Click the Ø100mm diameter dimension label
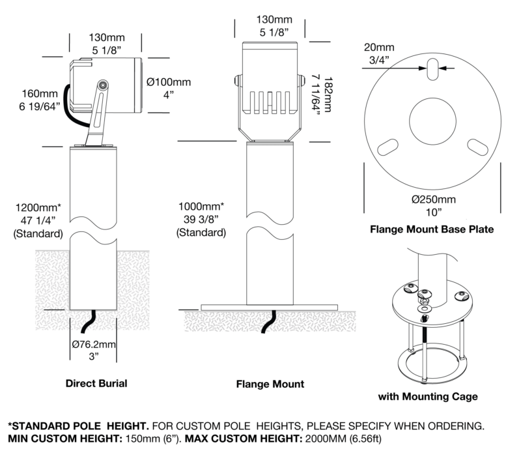pos(169,82)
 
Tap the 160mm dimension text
pos(40,94)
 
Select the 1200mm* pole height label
pos(38,208)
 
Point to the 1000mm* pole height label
pos(201,207)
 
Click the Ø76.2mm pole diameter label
pos(94,344)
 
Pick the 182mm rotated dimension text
pos(328,94)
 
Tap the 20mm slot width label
pos(379,48)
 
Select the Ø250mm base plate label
pos(434,199)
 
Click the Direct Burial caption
pos(96,383)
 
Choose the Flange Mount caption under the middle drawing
pos(270,384)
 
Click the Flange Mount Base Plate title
pos(432,229)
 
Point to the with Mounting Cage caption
pos(428,396)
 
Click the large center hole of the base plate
pos(432,121)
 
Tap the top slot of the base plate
pos(432,69)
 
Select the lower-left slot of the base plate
pos(387,147)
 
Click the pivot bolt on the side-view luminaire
pos(103,85)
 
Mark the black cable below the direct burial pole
pos(89,321)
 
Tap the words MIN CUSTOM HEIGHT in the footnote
pos(65,439)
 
